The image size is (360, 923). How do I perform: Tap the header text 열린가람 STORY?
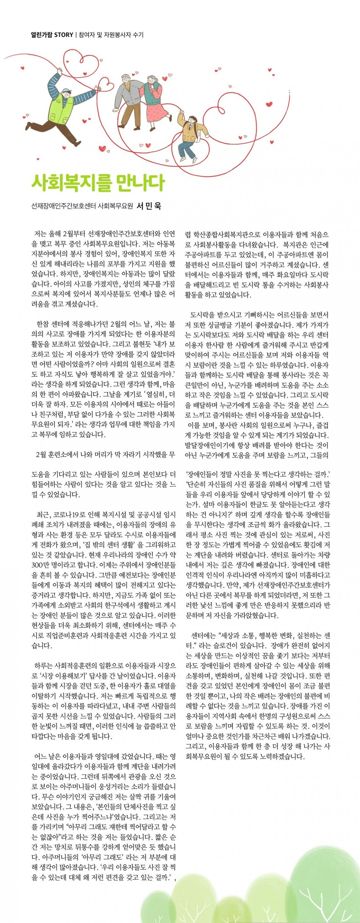click(x=52, y=35)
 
